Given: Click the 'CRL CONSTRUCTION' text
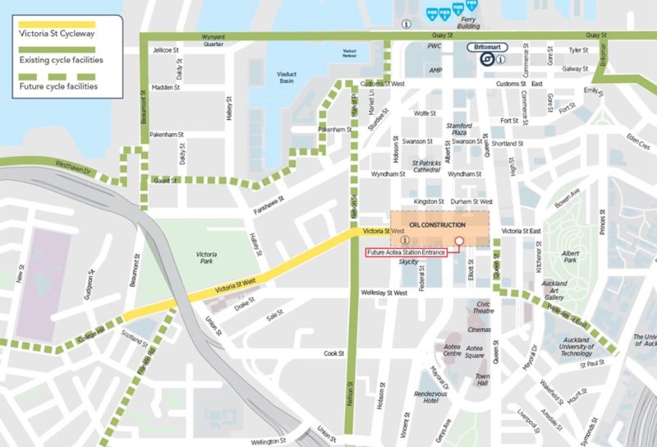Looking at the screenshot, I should (x=437, y=224).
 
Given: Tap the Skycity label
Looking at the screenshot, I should (x=408, y=265).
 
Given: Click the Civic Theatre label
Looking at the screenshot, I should (x=482, y=307).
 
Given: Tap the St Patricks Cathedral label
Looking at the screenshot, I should (x=427, y=167).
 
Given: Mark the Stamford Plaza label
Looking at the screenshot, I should (x=457, y=128).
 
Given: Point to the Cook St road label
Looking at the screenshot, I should (x=333, y=353).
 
